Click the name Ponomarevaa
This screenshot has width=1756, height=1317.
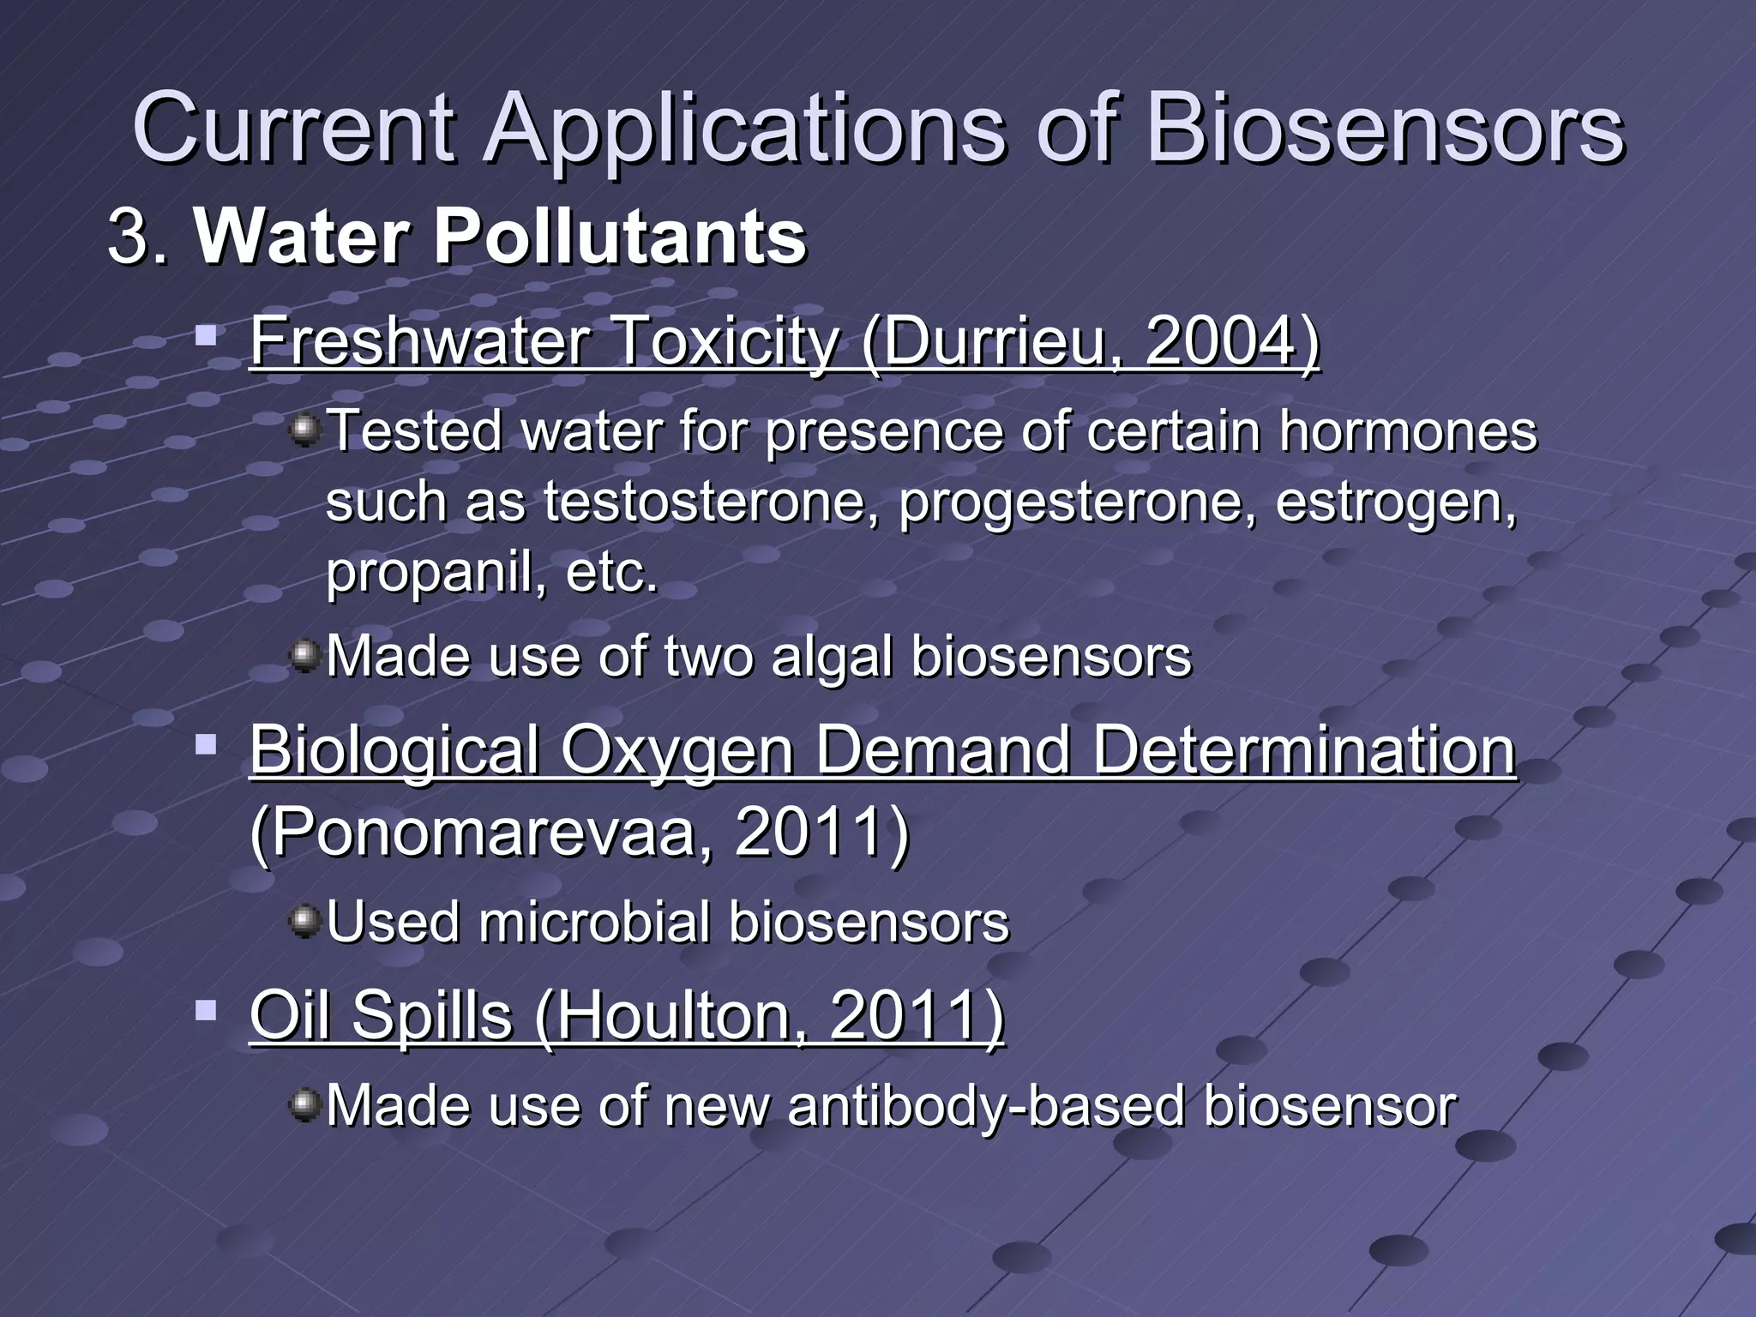(x=484, y=831)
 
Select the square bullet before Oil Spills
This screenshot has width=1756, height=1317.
(x=206, y=1012)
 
